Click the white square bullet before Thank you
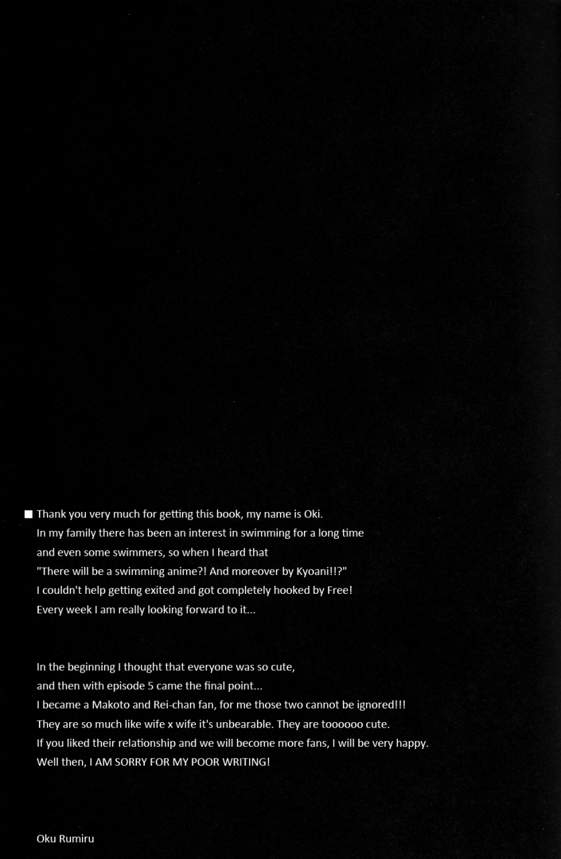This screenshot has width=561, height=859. (28, 515)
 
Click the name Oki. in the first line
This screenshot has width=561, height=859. (313, 514)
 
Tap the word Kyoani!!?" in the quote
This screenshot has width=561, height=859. (321, 571)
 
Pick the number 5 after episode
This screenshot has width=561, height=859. (150, 686)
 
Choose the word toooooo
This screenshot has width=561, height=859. (342, 724)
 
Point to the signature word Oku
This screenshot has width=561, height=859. (46, 839)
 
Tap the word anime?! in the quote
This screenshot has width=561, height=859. (190, 571)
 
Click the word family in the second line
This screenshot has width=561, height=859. (82, 533)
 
